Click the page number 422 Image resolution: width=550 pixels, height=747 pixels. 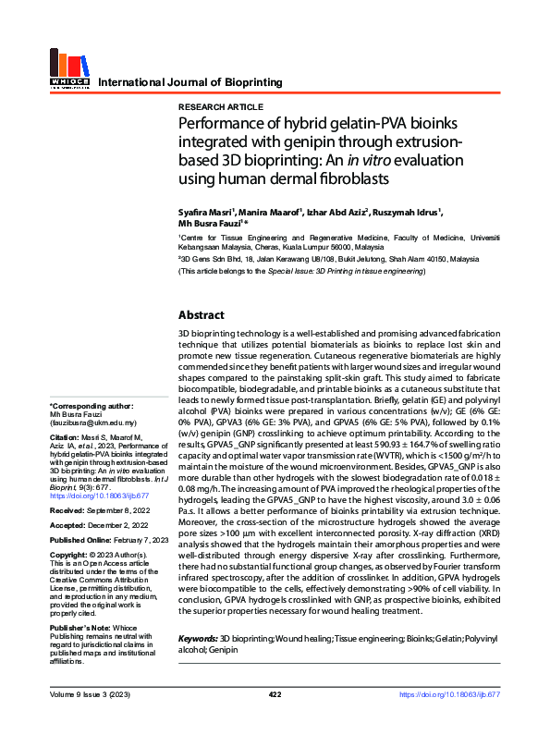275,719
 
